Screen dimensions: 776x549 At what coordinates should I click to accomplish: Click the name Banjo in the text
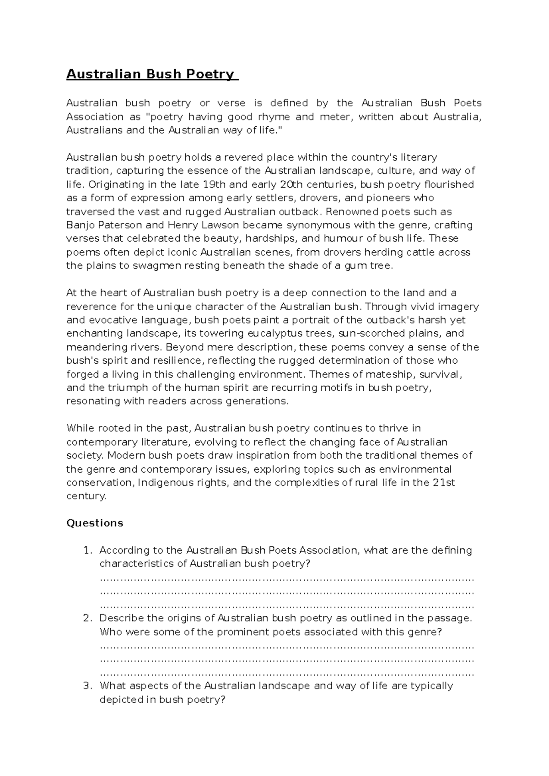point(79,225)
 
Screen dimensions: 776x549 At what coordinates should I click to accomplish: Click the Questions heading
point(95,523)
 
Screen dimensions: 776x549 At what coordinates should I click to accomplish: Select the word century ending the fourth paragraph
point(86,496)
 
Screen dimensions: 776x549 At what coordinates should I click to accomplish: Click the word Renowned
point(350,212)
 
